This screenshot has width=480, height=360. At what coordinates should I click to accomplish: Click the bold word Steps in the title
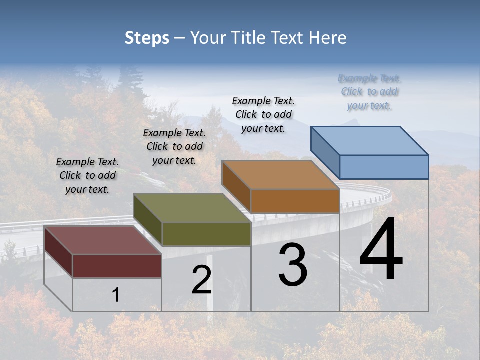click(x=147, y=38)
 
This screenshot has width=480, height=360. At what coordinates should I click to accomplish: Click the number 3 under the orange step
click(x=293, y=265)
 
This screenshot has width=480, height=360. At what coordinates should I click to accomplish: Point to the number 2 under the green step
click(x=201, y=280)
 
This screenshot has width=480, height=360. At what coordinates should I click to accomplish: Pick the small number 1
click(x=115, y=295)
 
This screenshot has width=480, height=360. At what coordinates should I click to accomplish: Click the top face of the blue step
click(x=370, y=140)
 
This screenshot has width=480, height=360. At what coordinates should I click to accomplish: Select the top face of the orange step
click(x=280, y=174)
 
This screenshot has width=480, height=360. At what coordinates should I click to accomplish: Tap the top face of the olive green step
click(x=192, y=207)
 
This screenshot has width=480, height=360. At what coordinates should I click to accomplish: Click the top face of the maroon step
click(x=102, y=240)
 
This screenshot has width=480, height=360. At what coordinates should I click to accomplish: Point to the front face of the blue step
click(x=384, y=167)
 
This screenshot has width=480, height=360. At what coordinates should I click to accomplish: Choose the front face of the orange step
click(x=295, y=201)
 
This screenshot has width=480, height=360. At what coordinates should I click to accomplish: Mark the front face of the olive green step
click(x=206, y=234)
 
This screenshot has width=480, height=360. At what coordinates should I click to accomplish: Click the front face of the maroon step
click(x=117, y=266)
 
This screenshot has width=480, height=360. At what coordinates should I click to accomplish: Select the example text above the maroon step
click(x=87, y=175)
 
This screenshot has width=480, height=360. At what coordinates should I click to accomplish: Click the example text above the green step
click(x=174, y=146)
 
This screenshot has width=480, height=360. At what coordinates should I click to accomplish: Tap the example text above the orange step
click(x=263, y=114)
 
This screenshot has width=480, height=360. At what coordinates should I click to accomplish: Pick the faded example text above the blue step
click(x=369, y=92)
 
